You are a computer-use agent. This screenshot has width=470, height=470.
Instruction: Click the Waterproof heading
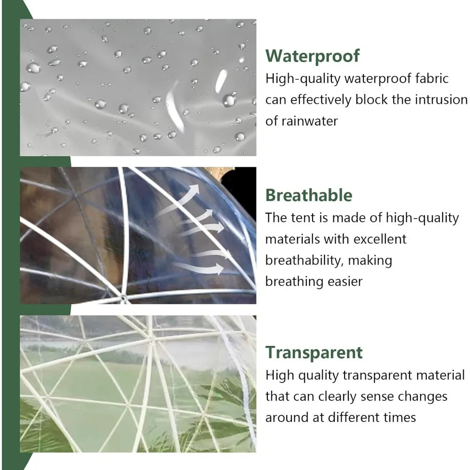coord(313,55)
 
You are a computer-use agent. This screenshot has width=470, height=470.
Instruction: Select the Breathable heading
coord(308,195)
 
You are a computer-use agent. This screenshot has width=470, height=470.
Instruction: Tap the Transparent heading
coord(314,352)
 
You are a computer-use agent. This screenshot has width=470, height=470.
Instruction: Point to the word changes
coord(416,396)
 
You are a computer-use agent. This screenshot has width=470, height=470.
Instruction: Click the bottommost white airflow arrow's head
coord(220,269)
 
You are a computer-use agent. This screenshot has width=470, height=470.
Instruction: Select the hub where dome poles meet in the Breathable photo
coord(123,298)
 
